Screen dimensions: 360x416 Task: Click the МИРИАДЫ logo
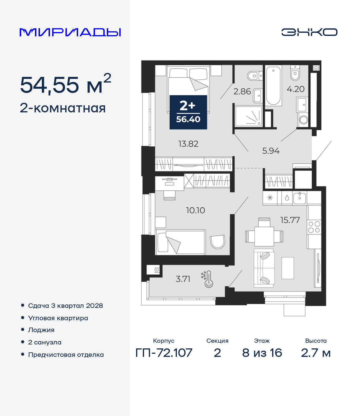tap(70, 32)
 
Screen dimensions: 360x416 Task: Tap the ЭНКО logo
tap(309, 32)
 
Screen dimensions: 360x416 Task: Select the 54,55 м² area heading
tap(66, 84)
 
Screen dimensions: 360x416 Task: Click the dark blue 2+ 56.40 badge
tap(188, 112)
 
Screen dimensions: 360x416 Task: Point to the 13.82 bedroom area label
tap(188, 144)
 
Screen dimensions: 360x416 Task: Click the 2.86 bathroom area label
tap(242, 92)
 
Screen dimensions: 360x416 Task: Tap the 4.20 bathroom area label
tap(296, 89)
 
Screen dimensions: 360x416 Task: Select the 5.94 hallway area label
tap(271, 151)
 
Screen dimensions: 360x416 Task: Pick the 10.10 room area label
tap(195, 210)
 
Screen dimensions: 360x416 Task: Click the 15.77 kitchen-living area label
tap(290, 220)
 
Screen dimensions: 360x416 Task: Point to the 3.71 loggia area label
tap(183, 279)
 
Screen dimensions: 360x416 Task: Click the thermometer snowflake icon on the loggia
tap(207, 279)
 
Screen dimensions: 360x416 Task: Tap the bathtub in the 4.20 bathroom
tap(273, 86)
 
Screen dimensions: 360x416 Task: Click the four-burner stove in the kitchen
tap(314, 227)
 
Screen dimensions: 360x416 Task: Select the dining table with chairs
tap(264, 232)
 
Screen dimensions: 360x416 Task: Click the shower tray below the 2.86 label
tap(249, 116)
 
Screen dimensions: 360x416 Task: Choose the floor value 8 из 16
tap(262, 353)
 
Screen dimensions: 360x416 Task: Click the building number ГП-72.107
tap(164, 353)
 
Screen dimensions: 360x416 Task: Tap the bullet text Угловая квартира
tap(58, 318)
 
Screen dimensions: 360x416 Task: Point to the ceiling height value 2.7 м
tap(316, 353)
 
